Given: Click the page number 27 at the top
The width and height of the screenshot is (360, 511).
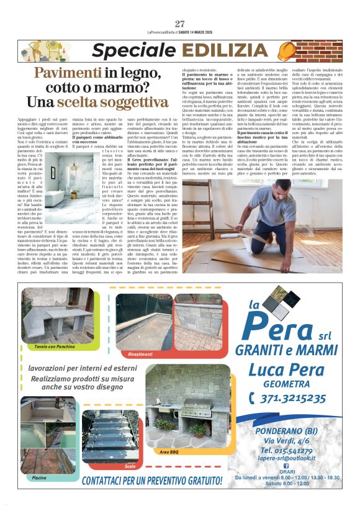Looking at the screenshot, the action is click(x=180, y=24).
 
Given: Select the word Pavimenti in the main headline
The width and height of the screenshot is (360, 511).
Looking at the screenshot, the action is click(x=68, y=73).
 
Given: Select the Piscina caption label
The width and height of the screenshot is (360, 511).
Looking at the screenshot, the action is click(x=39, y=477).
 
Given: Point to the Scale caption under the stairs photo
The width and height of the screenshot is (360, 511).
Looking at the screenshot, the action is click(x=129, y=465).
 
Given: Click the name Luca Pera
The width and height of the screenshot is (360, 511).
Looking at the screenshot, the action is click(x=287, y=370).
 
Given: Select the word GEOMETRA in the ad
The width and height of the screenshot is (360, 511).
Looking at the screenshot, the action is click(x=287, y=385).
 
